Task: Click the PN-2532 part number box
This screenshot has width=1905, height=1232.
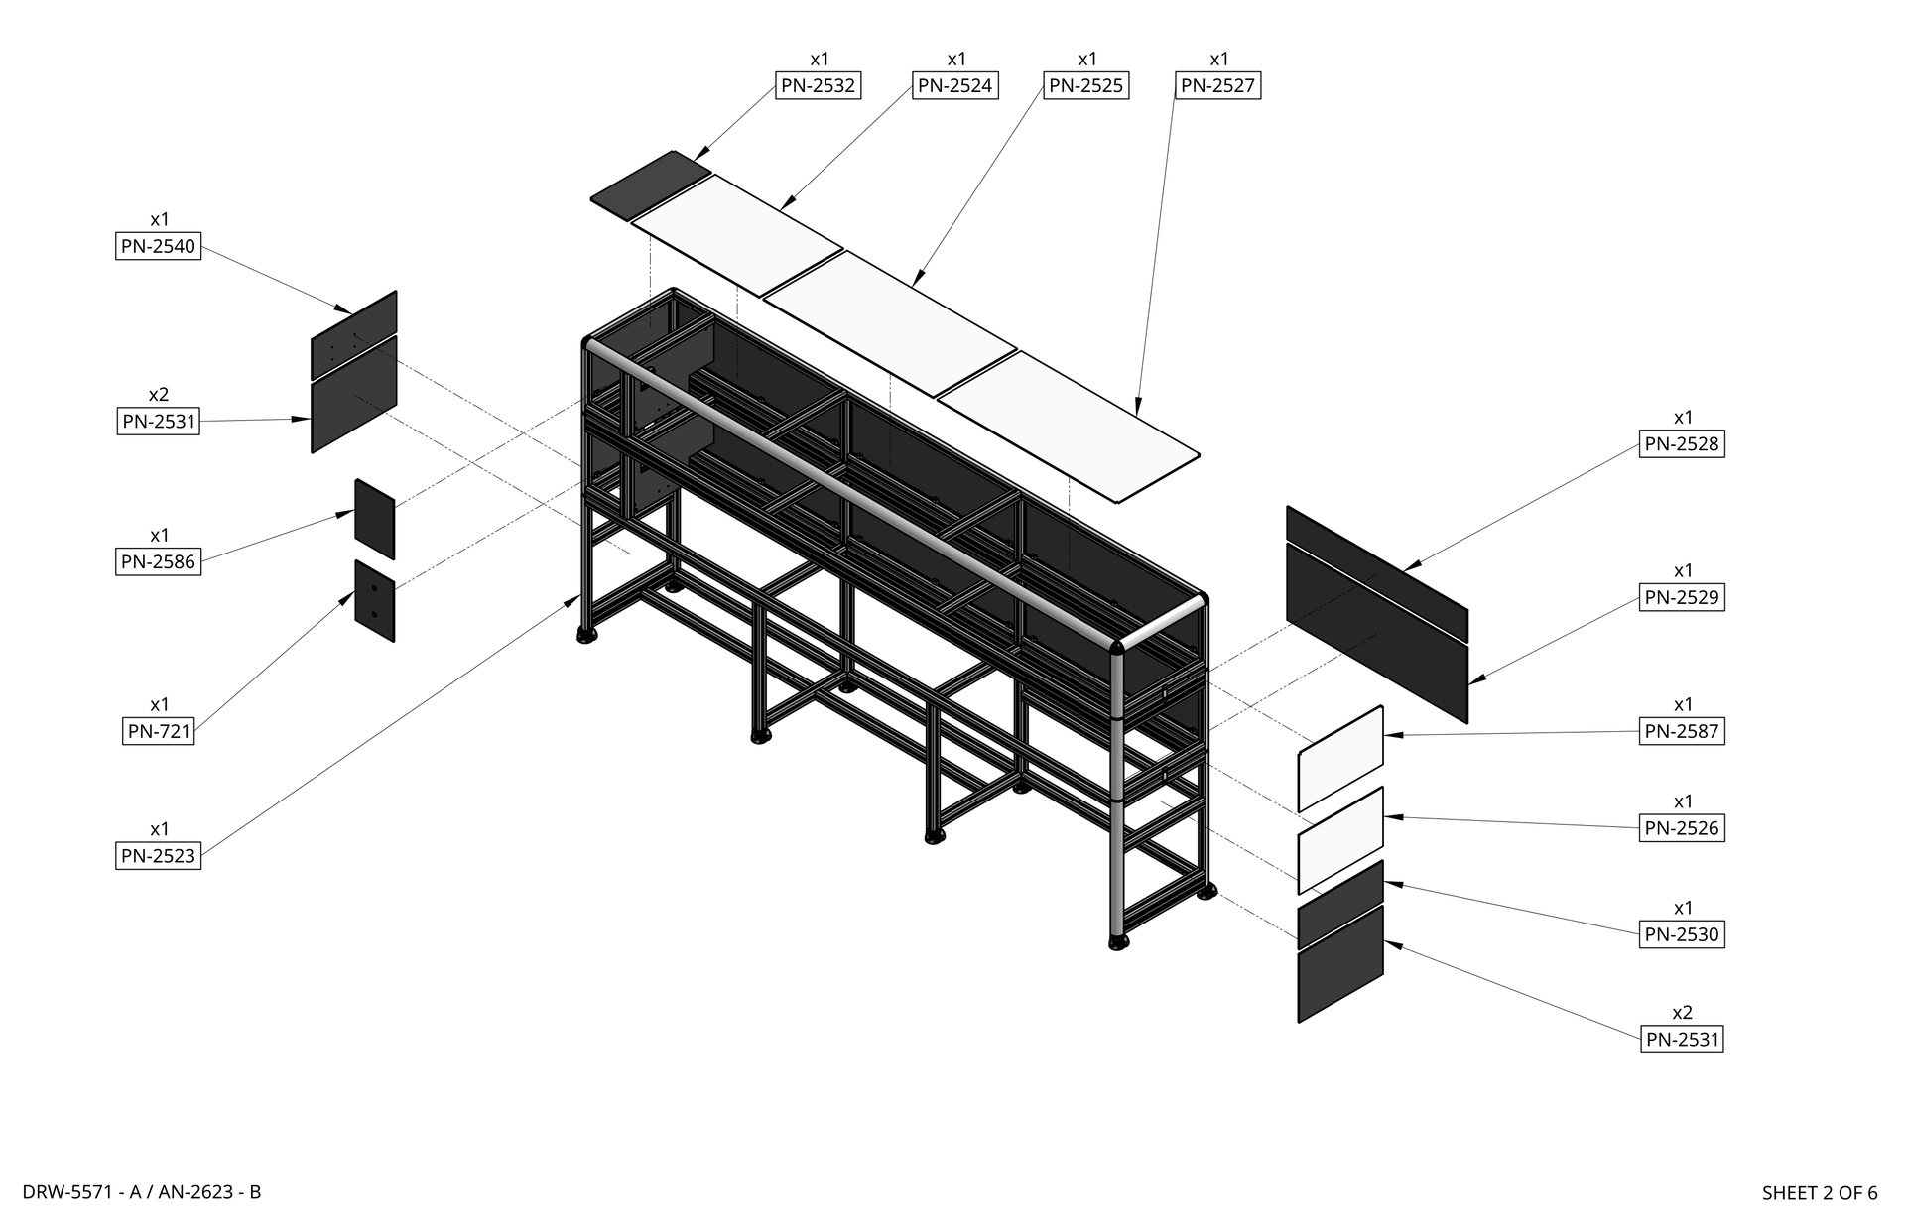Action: coord(818,86)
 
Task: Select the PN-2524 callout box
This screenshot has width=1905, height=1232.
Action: coord(954,86)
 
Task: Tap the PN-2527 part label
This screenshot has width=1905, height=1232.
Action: coord(1217,86)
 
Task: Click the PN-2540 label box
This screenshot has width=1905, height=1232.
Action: coord(158,246)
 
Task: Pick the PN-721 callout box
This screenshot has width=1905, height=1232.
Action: coord(159,732)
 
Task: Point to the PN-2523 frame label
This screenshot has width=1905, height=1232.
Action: coord(158,856)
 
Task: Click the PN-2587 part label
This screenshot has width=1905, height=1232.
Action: coord(1682,732)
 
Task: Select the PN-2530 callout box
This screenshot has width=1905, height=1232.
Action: coord(1682,934)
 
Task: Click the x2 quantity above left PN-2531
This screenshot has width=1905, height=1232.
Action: coord(159,395)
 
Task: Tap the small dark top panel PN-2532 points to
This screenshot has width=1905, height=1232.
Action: coord(650,185)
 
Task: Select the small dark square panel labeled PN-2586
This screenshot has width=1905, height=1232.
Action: coord(374,520)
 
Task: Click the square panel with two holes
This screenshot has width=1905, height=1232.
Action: coord(374,601)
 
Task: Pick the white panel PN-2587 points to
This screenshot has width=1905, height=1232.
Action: coord(1340,759)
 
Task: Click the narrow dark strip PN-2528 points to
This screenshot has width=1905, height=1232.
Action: coord(1376,573)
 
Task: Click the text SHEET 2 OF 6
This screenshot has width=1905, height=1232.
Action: coord(1819,1193)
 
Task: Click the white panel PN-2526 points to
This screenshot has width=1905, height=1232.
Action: coord(1340,840)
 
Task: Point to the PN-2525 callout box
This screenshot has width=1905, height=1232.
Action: coord(1085,86)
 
